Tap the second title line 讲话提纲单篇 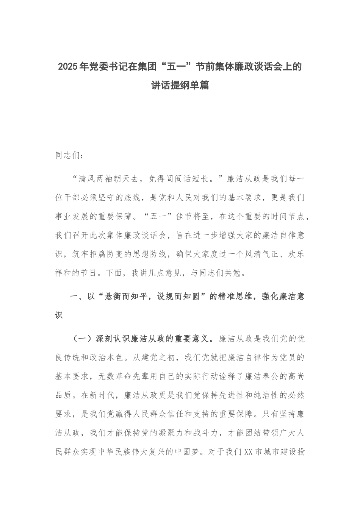point(180,86)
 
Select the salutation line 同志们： point(68,156)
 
